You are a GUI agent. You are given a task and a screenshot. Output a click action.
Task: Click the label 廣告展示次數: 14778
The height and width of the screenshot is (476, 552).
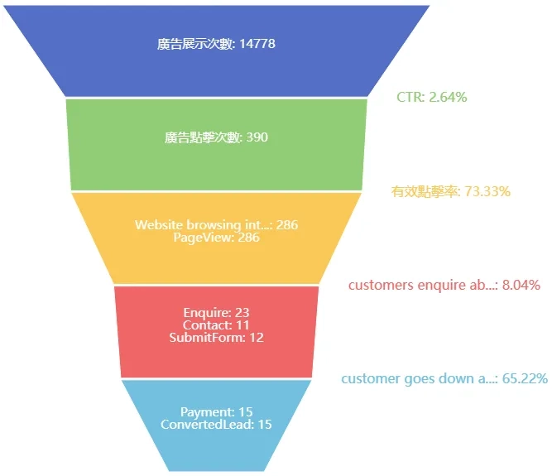(216, 44)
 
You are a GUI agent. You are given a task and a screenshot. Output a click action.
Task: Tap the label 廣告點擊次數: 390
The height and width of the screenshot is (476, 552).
(216, 137)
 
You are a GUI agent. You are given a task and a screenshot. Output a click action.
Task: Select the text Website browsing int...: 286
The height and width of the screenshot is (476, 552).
(216, 225)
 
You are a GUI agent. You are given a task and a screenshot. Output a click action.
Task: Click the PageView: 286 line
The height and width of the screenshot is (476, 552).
(216, 238)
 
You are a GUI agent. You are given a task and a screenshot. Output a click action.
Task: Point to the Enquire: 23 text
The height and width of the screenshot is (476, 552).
(216, 313)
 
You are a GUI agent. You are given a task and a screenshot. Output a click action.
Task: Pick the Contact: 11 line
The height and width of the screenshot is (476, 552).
(216, 325)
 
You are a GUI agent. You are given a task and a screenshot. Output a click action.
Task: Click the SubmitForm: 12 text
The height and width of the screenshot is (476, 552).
(216, 338)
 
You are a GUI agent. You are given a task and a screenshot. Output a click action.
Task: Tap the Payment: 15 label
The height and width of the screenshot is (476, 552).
(216, 412)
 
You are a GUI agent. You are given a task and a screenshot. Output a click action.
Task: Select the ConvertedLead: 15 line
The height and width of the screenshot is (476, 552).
(216, 425)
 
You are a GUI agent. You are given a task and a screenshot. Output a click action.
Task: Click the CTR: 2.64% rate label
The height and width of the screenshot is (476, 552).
(431, 97)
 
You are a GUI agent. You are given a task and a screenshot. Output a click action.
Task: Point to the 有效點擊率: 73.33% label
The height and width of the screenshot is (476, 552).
(450, 191)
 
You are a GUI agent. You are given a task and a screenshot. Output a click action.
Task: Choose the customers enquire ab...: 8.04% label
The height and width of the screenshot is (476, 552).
(444, 286)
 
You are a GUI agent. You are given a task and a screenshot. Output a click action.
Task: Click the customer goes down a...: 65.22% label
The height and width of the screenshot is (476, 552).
(444, 379)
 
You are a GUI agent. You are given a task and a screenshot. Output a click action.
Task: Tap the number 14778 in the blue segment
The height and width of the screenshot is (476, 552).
(257, 44)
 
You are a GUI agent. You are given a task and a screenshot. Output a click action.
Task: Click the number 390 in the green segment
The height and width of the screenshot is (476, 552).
(257, 137)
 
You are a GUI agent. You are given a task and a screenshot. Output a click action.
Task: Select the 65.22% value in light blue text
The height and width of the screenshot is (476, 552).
(525, 379)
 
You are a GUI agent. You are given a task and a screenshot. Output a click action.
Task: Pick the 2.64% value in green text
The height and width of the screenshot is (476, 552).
(447, 97)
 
